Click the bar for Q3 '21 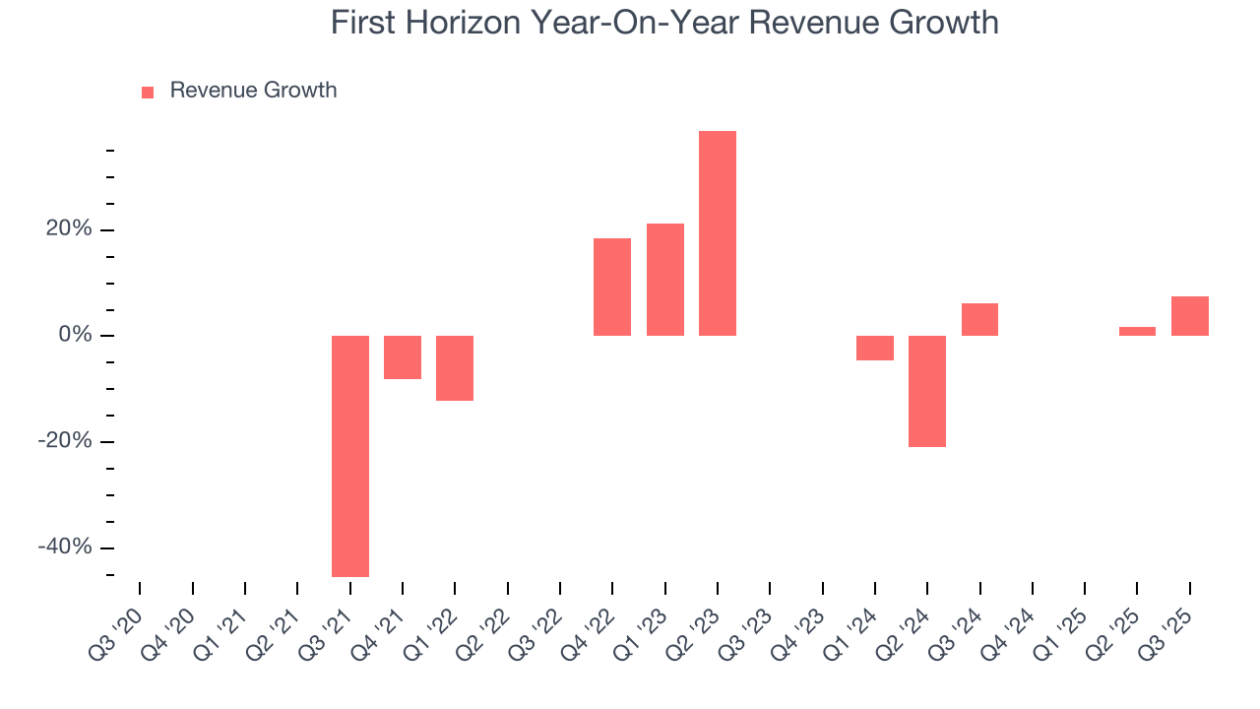pyautogui.click(x=349, y=456)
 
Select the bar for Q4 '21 pyautogui.click(x=403, y=357)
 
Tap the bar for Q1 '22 pyautogui.click(x=455, y=368)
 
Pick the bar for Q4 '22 pyautogui.click(x=612, y=287)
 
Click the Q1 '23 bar pyautogui.click(x=665, y=280)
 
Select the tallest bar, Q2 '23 pyautogui.click(x=718, y=233)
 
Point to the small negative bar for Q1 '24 pyautogui.click(x=875, y=348)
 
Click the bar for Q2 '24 pyautogui.click(x=927, y=391)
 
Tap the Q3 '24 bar pyautogui.click(x=979, y=319)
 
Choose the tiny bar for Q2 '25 pyautogui.click(x=1137, y=331)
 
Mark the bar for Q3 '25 pyautogui.click(x=1190, y=316)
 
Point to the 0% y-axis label pyautogui.click(x=75, y=336)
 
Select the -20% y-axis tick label pyautogui.click(x=65, y=441)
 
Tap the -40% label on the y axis pyautogui.click(x=65, y=548)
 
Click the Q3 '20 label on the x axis pyautogui.click(x=116, y=626)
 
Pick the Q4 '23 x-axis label pyautogui.click(x=799, y=626)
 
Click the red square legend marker pyautogui.click(x=148, y=92)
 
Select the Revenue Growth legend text pyautogui.click(x=253, y=91)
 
